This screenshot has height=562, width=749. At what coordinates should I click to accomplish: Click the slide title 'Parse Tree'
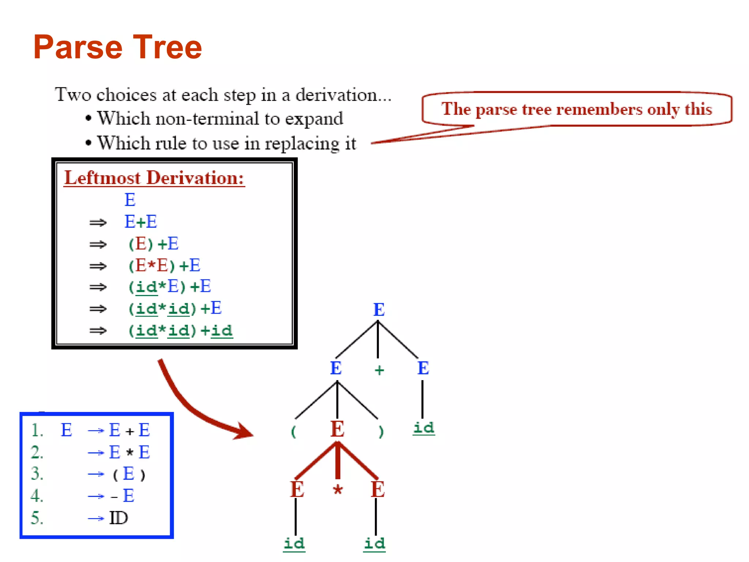117,47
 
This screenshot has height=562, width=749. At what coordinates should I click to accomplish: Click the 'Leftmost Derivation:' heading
154,178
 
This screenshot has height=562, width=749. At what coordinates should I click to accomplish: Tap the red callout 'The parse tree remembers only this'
576,109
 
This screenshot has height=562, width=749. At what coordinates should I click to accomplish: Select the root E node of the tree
379,310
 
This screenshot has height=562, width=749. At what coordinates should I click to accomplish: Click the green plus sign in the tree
379,370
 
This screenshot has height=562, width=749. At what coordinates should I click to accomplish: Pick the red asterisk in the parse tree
338,490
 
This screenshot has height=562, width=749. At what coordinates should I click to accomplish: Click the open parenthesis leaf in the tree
293,432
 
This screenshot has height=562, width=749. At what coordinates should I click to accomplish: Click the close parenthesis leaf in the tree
381,432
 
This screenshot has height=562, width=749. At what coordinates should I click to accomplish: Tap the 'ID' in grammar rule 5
118,518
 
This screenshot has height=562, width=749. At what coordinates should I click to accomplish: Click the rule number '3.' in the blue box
37,474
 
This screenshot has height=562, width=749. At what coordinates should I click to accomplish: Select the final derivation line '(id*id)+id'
180,331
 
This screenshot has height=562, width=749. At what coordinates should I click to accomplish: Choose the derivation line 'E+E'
141,222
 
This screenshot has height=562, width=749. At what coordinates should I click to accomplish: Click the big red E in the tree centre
337,429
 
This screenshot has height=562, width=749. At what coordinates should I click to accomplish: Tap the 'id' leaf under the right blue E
424,427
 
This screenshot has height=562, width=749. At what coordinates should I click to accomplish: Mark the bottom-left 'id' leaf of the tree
294,543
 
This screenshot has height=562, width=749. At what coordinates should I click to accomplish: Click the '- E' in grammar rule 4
123,496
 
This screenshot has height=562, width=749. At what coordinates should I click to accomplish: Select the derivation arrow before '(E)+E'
98,244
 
